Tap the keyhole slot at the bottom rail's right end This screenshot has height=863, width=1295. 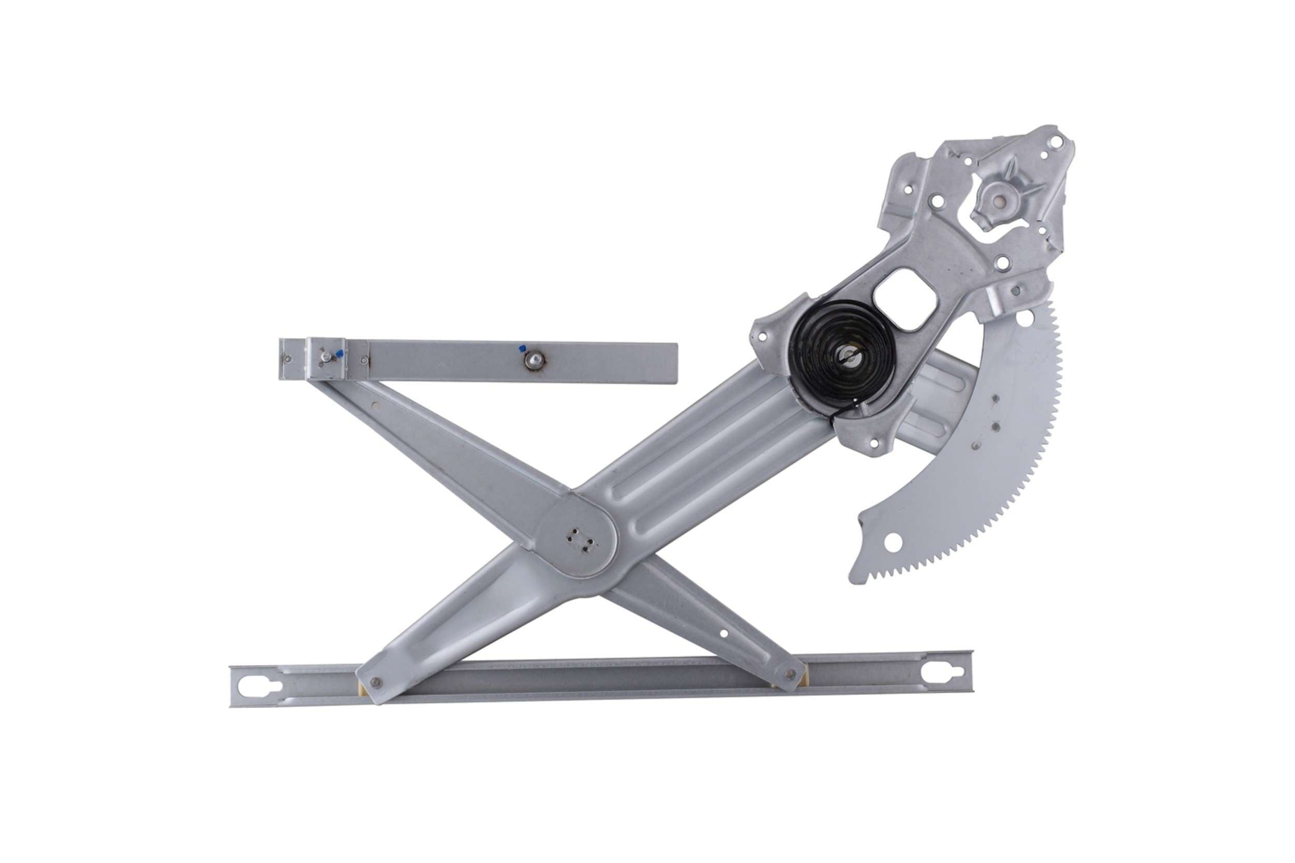pyautogui.click(x=943, y=672)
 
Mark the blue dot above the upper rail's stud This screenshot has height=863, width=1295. pyautogui.click(x=521, y=348)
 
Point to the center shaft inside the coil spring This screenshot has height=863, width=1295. pyautogui.click(x=849, y=357)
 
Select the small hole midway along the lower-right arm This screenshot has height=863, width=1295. pyautogui.click(x=724, y=634)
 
